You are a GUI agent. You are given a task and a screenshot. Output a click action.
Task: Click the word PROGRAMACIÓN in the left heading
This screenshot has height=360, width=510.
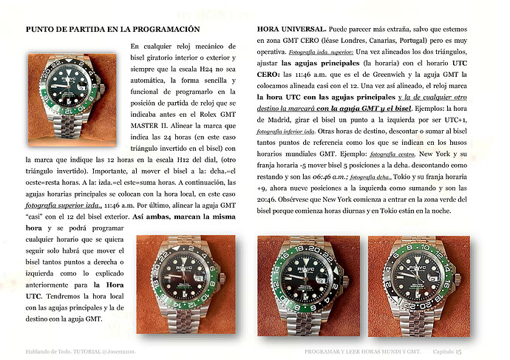166,29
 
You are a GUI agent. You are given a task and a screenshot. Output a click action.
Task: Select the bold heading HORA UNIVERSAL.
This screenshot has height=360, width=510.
290,29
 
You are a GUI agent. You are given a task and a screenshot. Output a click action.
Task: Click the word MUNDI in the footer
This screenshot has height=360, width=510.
390,351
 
